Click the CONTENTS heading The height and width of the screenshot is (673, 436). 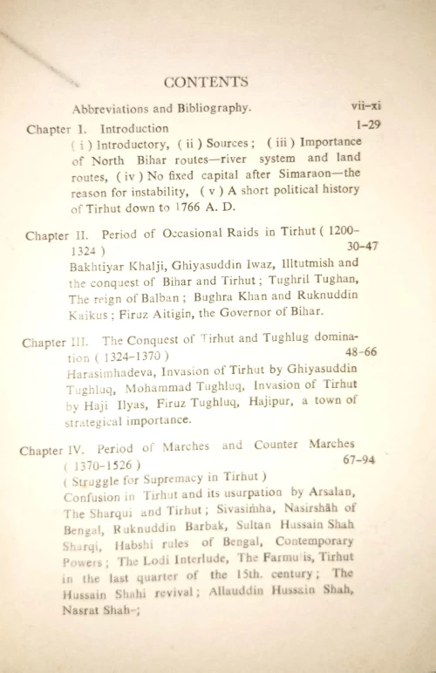coord(206,82)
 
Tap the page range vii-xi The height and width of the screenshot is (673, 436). coord(365,106)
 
